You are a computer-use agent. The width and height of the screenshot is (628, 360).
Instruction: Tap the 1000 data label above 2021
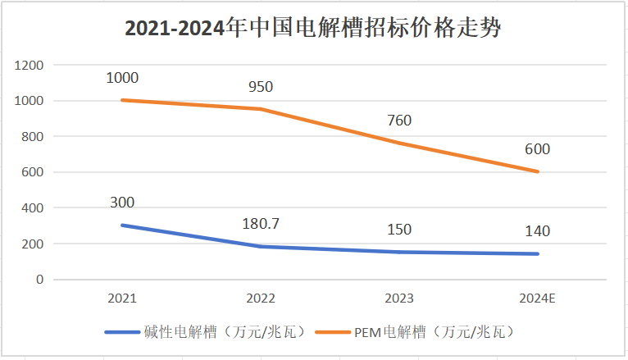click(122, 78)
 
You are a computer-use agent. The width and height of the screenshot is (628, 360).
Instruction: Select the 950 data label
click(261, 86)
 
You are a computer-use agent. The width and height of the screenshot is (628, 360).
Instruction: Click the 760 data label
click(399, 121)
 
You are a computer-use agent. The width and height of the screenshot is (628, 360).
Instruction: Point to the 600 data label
click(538, 149)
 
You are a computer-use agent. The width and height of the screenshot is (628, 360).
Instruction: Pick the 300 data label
click(122, 203)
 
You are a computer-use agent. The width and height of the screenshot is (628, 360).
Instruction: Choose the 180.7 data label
click(261, 224)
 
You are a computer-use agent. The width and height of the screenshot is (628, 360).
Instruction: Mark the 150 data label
click(399, 230)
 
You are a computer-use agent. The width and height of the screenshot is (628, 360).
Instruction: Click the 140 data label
click(538, 231)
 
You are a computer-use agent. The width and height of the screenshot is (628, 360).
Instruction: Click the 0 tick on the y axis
click(40, 280)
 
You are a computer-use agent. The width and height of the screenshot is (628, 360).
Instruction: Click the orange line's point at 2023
click(399, 144)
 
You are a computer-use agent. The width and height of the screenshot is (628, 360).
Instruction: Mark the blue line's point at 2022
click(261, 247)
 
